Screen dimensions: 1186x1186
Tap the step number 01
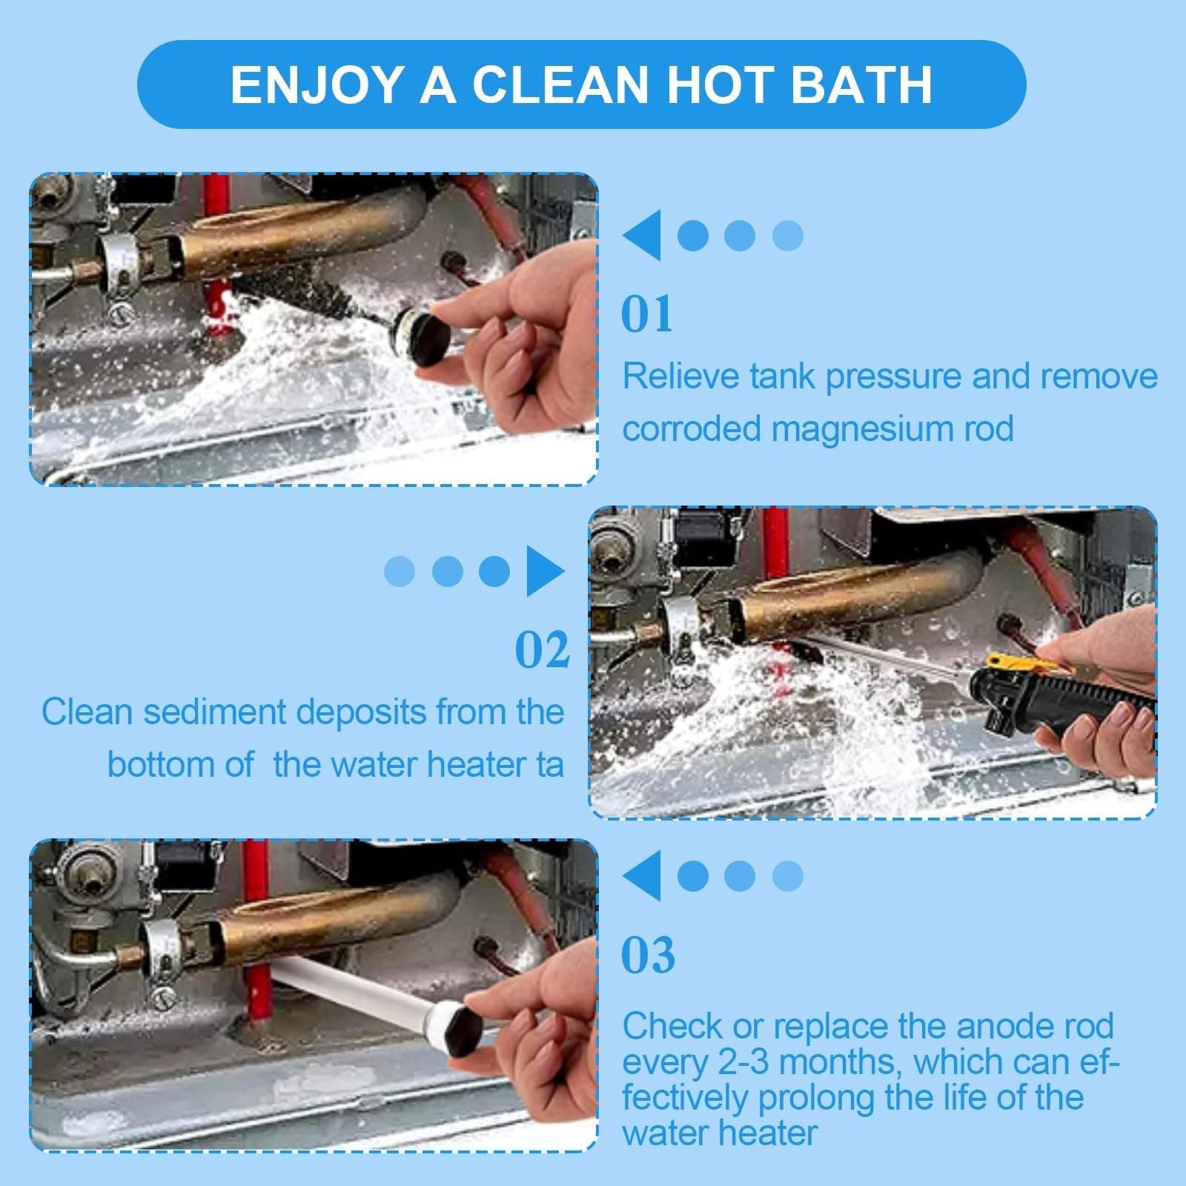coord(647,314)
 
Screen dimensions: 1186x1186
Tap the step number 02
coord(542,650)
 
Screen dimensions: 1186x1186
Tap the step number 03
coord(648,955)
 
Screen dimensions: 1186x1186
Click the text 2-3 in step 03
coord(744,1062)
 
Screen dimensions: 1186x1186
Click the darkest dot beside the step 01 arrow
coord(693,236)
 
